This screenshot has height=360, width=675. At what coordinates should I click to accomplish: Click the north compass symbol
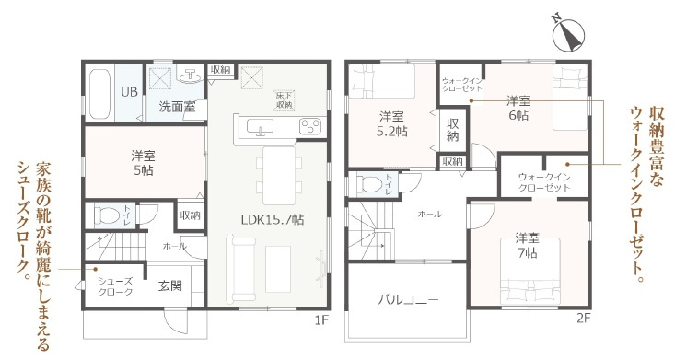(x=568, y=35)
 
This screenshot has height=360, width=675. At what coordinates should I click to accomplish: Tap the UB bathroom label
(x=131, y=92)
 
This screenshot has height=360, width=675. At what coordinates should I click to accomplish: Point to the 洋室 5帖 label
(x=143, y=163)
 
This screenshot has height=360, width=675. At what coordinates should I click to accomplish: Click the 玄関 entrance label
(x=169, y=286)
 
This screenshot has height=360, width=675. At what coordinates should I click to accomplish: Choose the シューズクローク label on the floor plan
(x=116, y=286)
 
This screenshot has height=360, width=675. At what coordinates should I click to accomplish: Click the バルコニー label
(x=407, y=300)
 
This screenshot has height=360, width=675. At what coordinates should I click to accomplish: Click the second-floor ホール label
(x=429, y=214)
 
